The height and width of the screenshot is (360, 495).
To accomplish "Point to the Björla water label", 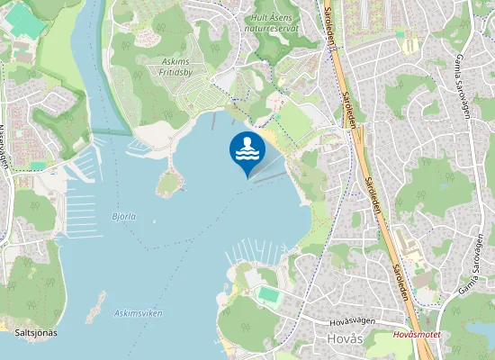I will (x=123, y=217).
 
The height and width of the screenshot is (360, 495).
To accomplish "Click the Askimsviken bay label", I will (x=138, y=312).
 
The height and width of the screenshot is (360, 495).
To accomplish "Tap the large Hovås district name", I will (x=342, y=339).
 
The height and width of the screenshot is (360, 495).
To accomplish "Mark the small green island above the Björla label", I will (x=167, y=184).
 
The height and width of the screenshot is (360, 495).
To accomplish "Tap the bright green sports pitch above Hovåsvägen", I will (x=268, y=293).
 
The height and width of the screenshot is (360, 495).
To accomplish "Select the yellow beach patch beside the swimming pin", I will (x=271, y=139).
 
